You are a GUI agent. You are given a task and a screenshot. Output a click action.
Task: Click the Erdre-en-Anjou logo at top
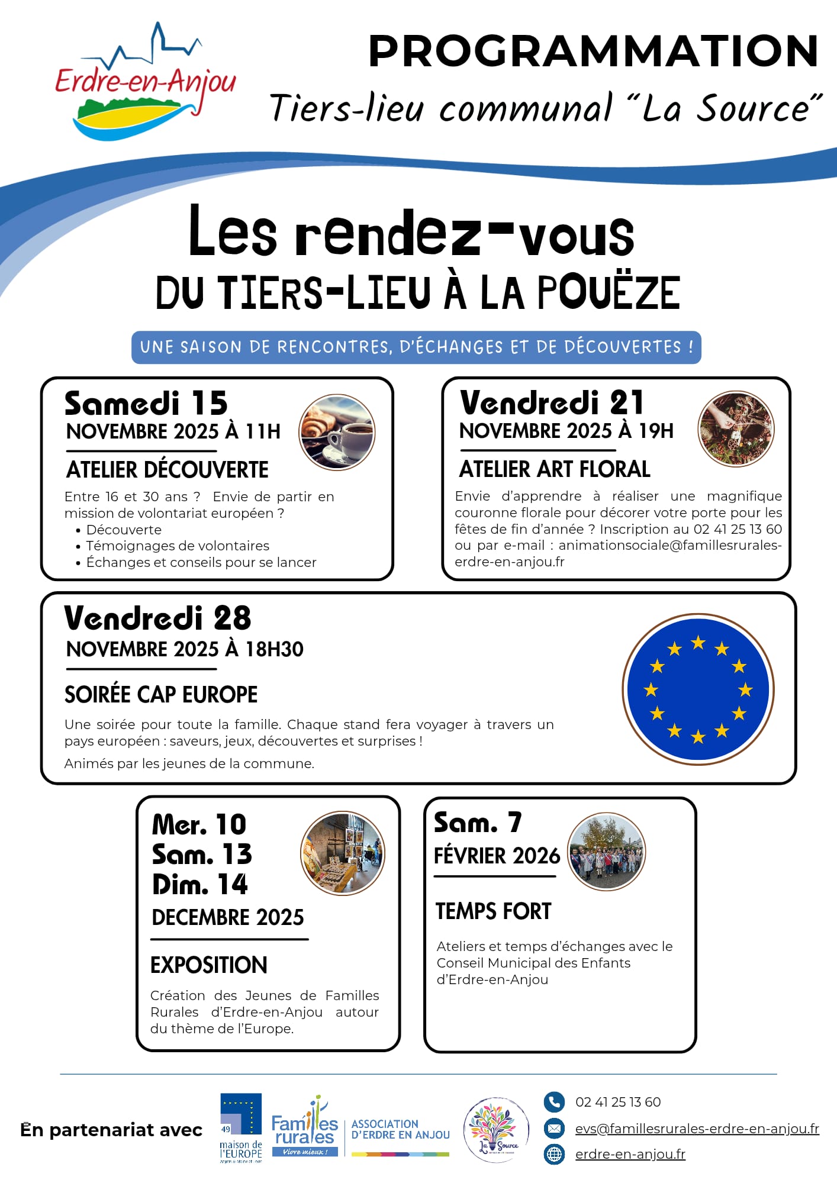click(x=145, y=83)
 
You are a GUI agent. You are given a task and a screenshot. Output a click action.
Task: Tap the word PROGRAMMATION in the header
click(x=593, y=51)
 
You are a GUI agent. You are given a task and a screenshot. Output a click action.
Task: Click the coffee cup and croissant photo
click(x=337, y=432)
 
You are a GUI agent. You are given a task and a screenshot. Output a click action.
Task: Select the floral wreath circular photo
click(x=736, y=428)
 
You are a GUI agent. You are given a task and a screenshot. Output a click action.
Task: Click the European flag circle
click(x=698, y=689)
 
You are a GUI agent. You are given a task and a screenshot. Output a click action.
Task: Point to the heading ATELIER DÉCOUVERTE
click(x=168, y=470)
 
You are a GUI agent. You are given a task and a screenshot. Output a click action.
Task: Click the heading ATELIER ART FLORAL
click(x=555, y=469)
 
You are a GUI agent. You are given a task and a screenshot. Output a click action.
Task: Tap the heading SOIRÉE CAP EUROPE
click(x=161, y=694)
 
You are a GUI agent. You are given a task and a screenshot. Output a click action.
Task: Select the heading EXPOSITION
click(x=209, y=965)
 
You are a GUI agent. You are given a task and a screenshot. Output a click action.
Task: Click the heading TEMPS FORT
click(x=493, y=911)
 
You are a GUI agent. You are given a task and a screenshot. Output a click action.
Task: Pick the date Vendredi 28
click(x=157, y=618)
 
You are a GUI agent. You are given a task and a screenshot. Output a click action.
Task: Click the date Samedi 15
click(x=146, y=404)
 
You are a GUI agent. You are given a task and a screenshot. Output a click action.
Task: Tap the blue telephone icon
click(x=554, y=1102)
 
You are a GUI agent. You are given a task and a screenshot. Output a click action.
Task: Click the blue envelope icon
click(x=554, y=1129)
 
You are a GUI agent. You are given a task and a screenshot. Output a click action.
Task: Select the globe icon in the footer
click(x=554, y=1155)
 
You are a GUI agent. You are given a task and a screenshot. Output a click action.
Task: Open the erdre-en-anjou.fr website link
click(x=630, y=1154)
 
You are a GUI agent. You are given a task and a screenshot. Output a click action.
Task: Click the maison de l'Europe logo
click(x=241, y=1127)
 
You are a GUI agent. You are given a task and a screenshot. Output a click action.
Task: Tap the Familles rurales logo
click(x=305, y=1127)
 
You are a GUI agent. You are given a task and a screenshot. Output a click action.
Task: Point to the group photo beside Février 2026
click(x=606, y=852)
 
